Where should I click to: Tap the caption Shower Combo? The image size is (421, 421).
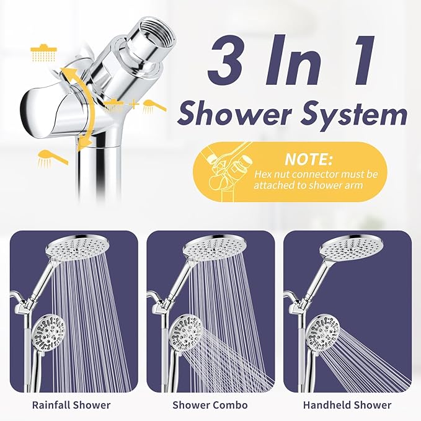point(211,405)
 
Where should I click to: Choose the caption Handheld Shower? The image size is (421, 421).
point(348,405)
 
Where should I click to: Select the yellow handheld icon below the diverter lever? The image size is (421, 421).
point(51,157)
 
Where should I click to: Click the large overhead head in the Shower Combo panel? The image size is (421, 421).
point(213,247)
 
